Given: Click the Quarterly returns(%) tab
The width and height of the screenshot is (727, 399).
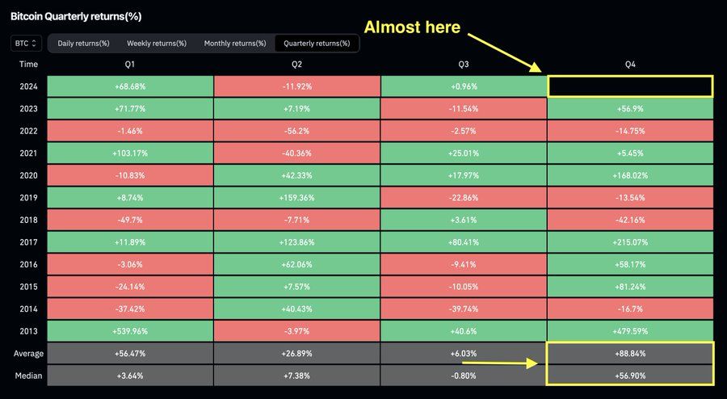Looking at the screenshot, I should coord(317,43).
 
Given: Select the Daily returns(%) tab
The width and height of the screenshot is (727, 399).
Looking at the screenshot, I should coord(83,43).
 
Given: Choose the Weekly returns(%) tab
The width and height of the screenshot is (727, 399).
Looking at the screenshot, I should coord(157,43).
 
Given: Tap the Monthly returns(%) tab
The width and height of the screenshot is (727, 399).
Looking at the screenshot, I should coord(235,43).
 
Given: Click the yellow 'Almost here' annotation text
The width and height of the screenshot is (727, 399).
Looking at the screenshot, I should coord(412,27).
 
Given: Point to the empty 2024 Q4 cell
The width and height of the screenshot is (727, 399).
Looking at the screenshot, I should coord(630,86).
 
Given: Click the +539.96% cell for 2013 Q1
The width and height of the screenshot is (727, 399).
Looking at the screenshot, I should coord(130,330).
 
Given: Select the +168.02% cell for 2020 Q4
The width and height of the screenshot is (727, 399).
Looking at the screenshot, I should coord(630,174).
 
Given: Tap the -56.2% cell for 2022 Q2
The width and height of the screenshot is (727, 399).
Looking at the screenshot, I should coord(297,130).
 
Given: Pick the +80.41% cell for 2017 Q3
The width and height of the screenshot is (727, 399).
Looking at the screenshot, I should coord(464,241).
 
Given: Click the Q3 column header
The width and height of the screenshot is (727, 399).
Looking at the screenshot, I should coord(464,64).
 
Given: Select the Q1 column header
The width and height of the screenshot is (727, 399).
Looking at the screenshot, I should coord(130,64).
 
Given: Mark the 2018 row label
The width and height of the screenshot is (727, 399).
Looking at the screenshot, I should coord(28,219).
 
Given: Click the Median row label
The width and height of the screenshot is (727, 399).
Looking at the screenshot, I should coord(28,375).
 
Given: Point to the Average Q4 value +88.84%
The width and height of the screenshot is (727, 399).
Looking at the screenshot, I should coord(630,353).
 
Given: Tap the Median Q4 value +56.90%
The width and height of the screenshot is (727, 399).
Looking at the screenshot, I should coord(630,375).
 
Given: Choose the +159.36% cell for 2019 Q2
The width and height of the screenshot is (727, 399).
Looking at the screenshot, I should coord(297,197).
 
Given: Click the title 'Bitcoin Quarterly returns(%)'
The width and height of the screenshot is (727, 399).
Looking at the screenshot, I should coord(76,15).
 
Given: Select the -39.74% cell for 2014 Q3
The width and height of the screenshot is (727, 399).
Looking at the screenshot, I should coord(464,308).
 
